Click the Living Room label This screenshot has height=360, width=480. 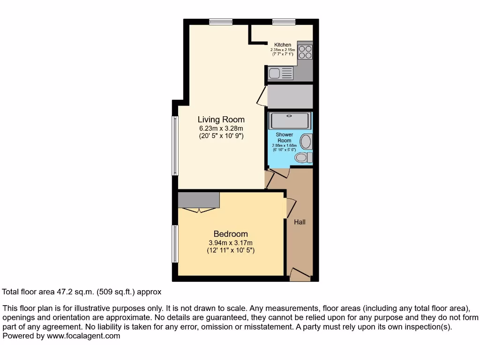221,120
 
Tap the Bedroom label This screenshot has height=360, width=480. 231,234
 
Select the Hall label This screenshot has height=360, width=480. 300,222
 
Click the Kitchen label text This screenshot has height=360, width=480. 283,45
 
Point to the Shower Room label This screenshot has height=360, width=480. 284,137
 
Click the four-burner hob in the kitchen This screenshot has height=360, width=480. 305,52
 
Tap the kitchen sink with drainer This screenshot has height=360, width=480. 280,73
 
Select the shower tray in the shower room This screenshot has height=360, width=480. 289,120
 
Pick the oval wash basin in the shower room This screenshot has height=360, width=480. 306,141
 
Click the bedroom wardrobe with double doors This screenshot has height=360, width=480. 199,201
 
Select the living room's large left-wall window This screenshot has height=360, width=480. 175,145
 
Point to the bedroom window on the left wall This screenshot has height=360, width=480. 175,244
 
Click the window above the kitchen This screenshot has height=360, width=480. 284,21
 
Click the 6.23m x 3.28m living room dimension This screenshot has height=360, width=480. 221,128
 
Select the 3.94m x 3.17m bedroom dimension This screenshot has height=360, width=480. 231,243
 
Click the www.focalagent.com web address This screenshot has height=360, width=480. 83,336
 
